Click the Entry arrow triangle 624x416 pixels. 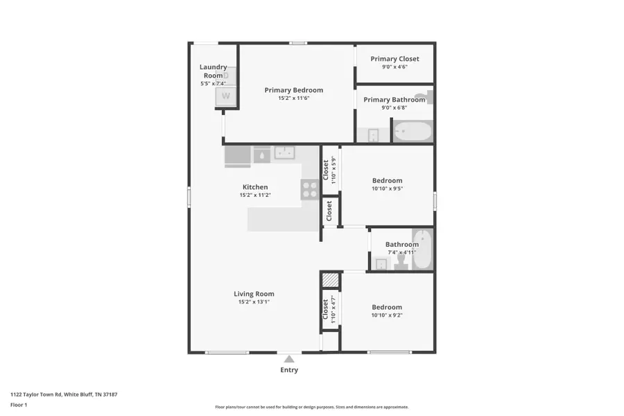[x=289, y=359]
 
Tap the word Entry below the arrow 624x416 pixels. [x=289, y=370]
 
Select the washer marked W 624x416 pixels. [x=225, y=96]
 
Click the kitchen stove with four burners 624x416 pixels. [x=310, y=189]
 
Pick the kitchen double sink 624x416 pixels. [x=284, y=153]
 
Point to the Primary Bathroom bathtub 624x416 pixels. [x=413, y=131]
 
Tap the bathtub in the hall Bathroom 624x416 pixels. [x=422, y=249]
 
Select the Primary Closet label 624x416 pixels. [x=395, y=58]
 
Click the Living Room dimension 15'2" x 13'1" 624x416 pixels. [x=254, y=302]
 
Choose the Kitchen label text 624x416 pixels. [x=255, y=187]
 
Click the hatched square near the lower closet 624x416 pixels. [x=330, y=279]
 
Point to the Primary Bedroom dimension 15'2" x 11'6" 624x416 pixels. [x=294, y=98]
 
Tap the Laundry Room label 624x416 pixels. [x=214, y=71]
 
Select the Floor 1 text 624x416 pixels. [x=19, y=405]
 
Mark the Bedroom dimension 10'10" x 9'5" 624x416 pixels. [x=387, y=189]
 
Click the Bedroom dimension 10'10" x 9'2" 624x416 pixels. [x=387, y=315]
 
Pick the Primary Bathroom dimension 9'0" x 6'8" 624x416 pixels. [x=395, y=107]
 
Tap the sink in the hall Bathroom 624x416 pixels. [x=381, y=264]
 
